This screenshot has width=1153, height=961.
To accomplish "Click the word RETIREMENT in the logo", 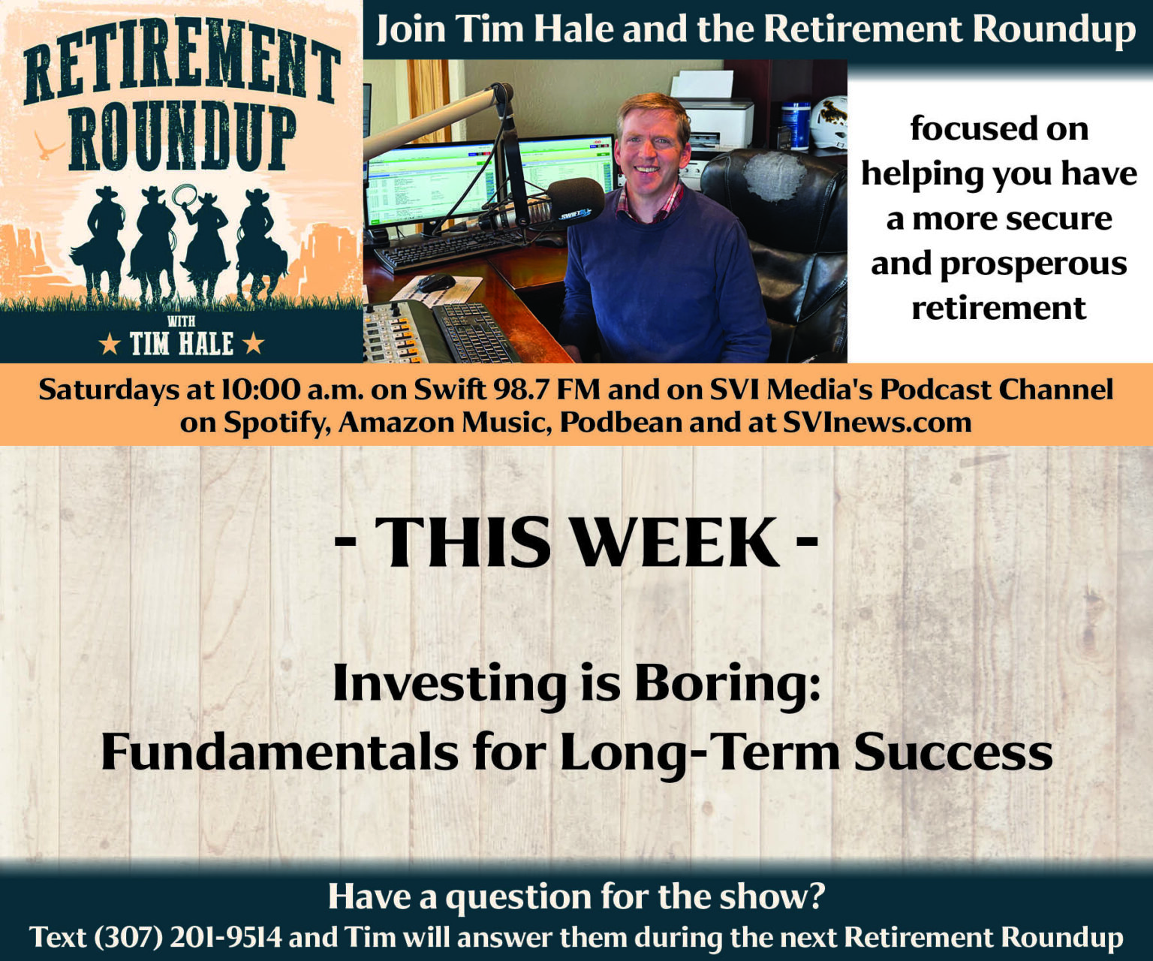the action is click(180, 65).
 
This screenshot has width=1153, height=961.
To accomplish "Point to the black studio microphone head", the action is click(576, 202).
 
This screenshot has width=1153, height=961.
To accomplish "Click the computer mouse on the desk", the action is click(435, 283).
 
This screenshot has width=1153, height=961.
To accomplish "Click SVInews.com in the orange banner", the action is click(877, 423).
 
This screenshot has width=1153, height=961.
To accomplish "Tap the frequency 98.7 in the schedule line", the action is click(523, 390).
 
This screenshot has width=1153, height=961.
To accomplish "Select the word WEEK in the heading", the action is click(677, 542).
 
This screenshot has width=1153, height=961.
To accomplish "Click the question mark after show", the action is click(816, 896).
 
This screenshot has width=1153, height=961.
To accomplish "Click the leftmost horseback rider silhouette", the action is click(99, 243).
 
